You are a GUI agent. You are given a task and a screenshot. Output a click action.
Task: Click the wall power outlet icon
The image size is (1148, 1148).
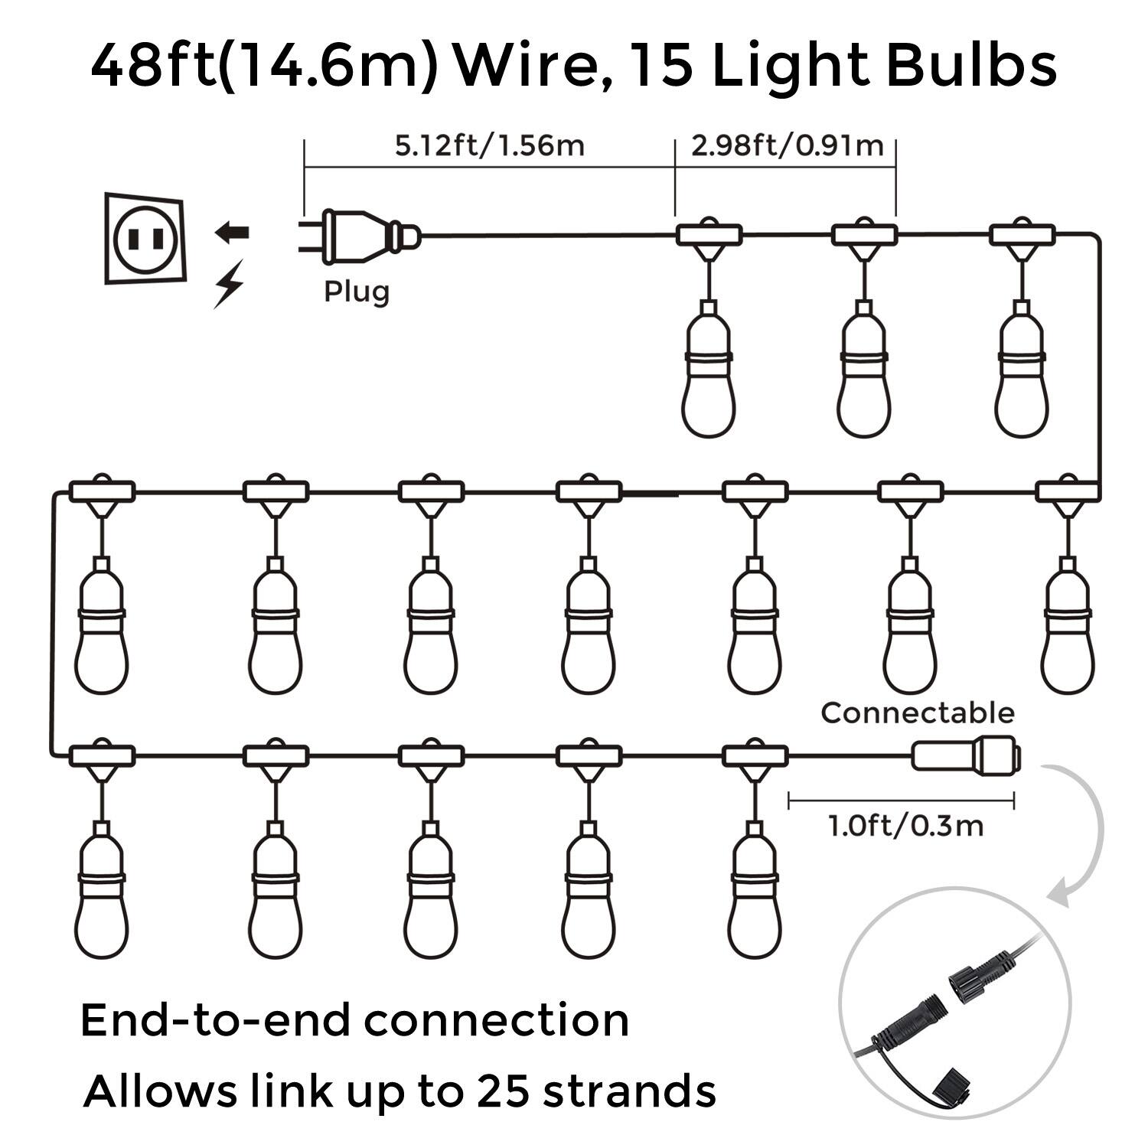tap(145, 239)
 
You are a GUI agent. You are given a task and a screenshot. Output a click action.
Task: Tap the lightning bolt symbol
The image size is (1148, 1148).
tap(229, 284)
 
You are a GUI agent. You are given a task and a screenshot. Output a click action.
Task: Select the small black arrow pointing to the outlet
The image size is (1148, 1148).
tap(231, 232)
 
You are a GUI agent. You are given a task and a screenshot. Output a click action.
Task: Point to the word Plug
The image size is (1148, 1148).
tap(356, 292)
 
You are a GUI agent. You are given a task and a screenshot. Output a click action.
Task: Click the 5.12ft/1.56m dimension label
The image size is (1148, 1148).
tap(489, 145)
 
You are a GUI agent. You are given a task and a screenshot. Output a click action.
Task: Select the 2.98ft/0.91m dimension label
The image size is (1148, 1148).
tap(787, 145)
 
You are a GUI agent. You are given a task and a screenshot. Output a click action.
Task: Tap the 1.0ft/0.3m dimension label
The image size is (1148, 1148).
tap(905, 826)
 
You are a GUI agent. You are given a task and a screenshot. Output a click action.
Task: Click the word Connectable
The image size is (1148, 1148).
tap(917, 713)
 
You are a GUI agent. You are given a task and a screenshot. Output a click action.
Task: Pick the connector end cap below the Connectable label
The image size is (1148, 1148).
tap(966, 755)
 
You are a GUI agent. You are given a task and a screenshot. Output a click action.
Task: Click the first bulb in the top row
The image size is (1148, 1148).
tap(709, 375)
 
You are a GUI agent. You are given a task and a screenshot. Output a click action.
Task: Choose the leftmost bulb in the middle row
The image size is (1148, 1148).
tap(102, 631)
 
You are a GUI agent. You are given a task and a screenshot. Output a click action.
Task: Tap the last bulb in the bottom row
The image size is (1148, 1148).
tap(755, 895)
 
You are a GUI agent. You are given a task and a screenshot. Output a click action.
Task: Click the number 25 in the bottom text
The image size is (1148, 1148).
tap(502, 1090)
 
